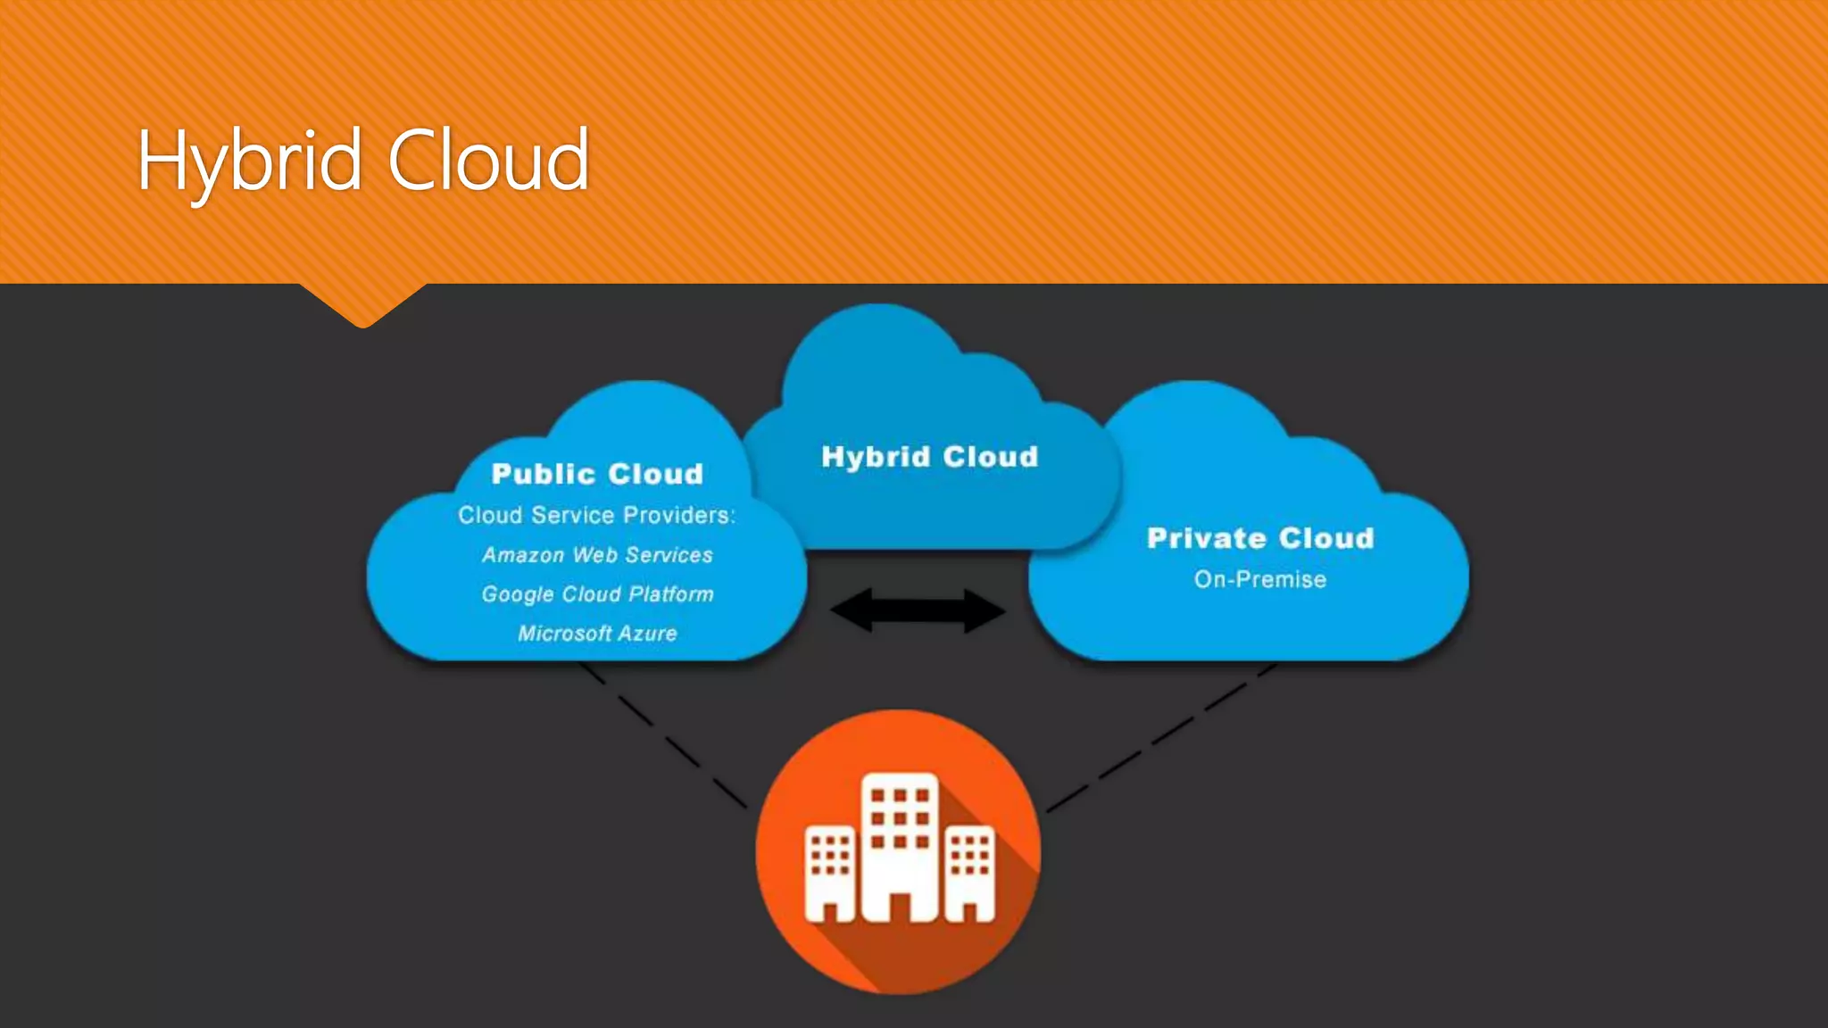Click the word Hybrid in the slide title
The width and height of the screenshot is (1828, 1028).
249,161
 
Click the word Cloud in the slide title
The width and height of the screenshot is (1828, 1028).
488,161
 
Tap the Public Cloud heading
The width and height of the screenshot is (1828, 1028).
597,474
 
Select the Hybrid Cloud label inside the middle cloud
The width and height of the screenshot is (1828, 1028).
929,457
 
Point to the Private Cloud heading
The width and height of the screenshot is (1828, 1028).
1260,538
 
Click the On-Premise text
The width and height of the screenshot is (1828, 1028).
1260,580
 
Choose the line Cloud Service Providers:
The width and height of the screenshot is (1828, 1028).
596,516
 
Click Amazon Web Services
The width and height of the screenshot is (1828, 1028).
597,555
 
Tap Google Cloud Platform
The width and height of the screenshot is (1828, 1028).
597,594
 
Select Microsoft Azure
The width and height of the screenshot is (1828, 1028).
597,634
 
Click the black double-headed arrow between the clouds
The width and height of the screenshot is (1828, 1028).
918,611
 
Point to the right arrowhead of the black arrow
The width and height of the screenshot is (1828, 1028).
985,611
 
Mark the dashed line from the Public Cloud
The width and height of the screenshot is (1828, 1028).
665,736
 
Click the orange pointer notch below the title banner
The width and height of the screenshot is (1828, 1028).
362,303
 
